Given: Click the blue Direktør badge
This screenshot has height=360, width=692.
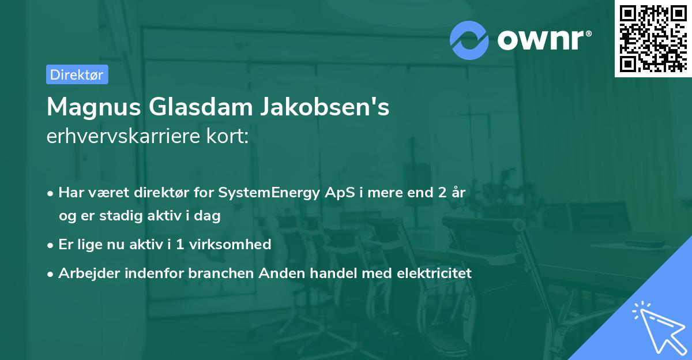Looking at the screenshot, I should point(77,75).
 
